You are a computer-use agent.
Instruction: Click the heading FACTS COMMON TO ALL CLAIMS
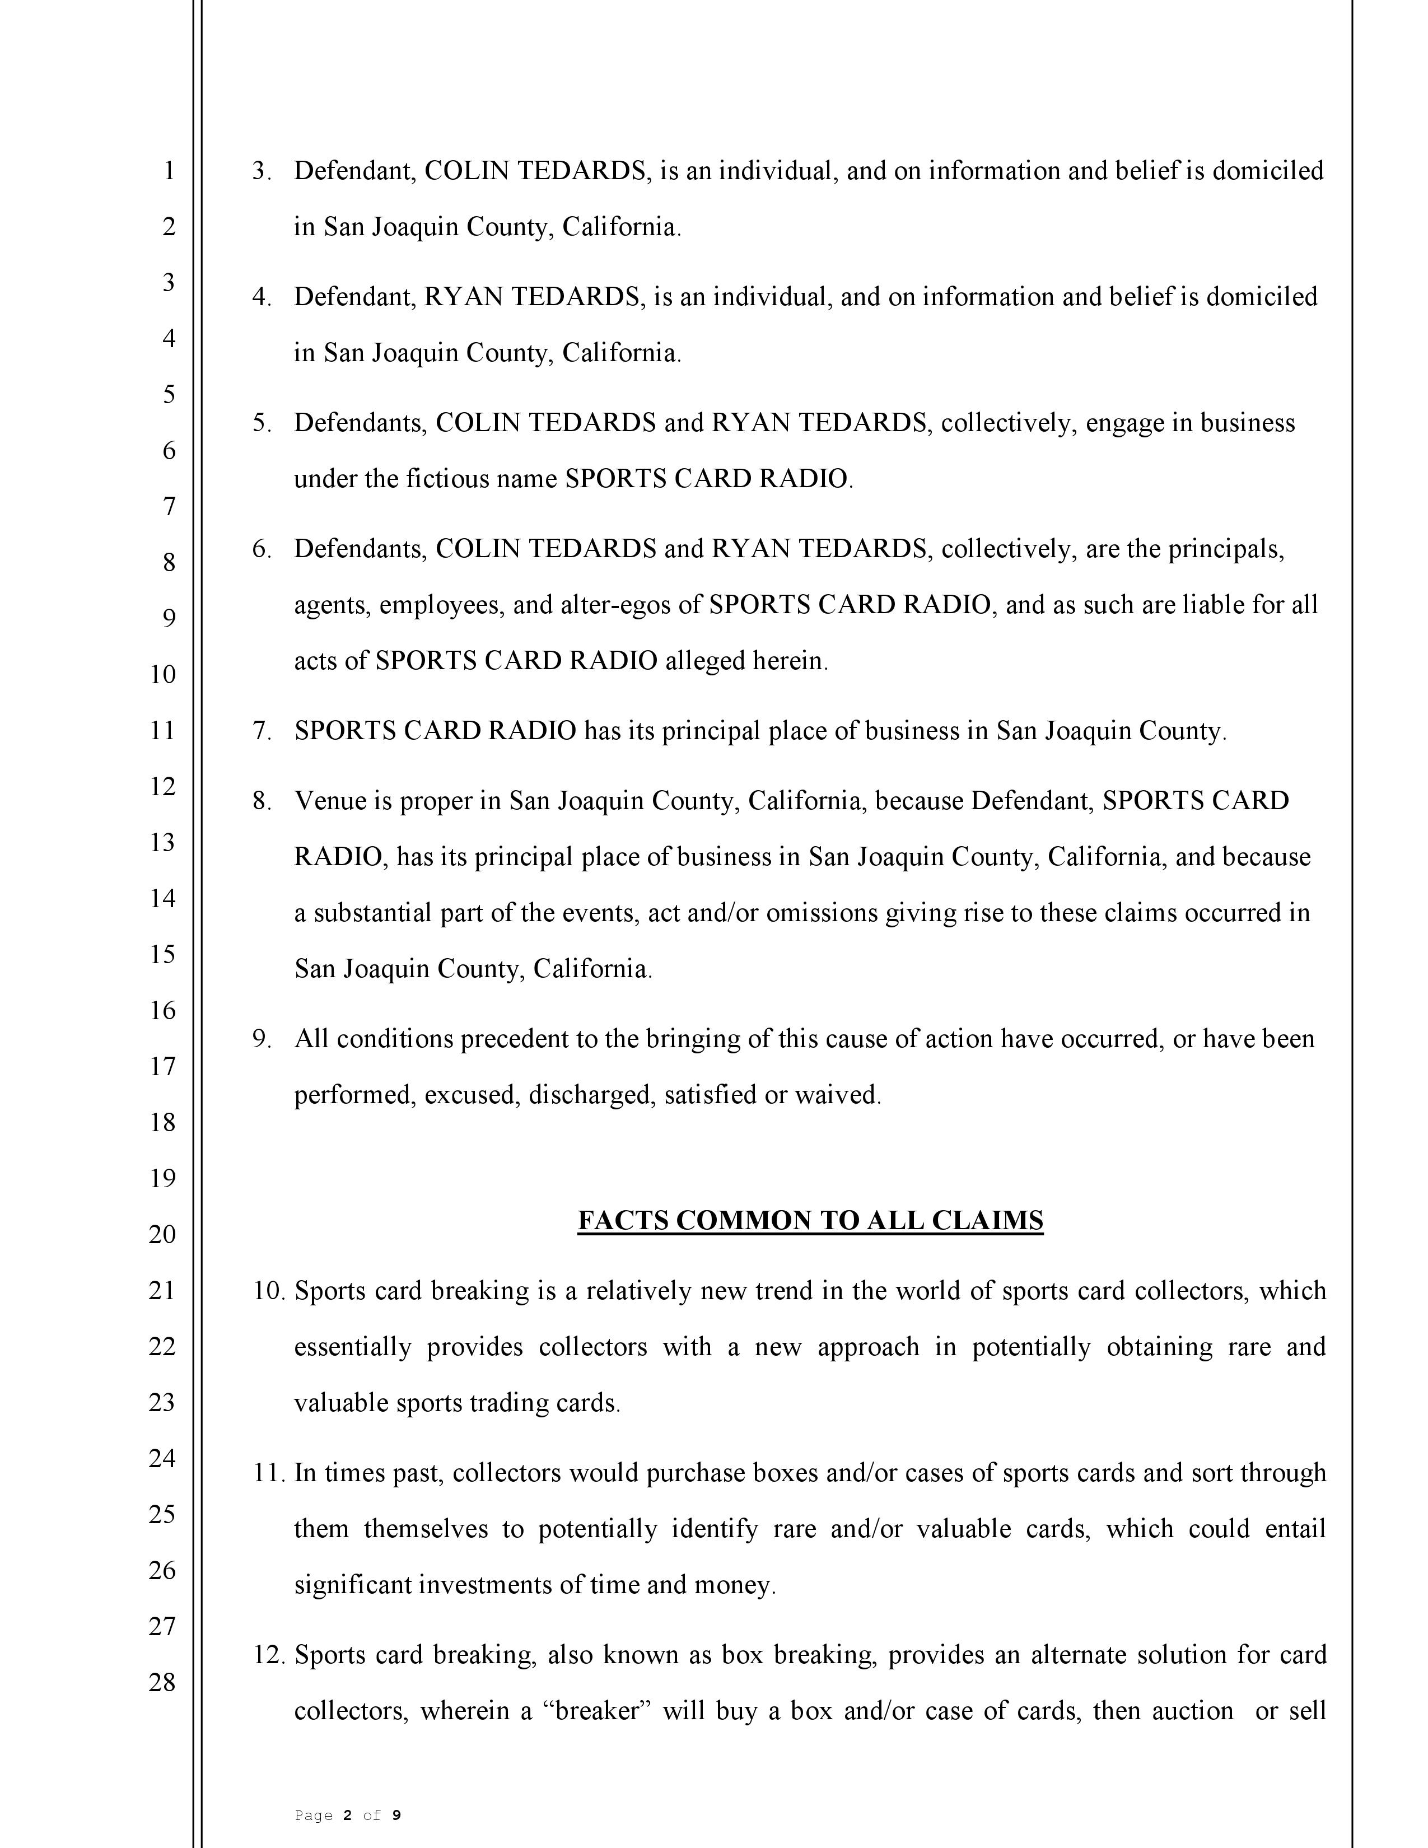point(810,1220)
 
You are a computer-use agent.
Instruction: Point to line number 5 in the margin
point(169,394)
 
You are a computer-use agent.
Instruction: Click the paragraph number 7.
point(262,731)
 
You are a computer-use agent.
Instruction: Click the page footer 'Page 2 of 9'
point(348,1815)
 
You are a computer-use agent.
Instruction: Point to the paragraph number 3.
point(262,171)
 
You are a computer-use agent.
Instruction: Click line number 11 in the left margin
point(162,730)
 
